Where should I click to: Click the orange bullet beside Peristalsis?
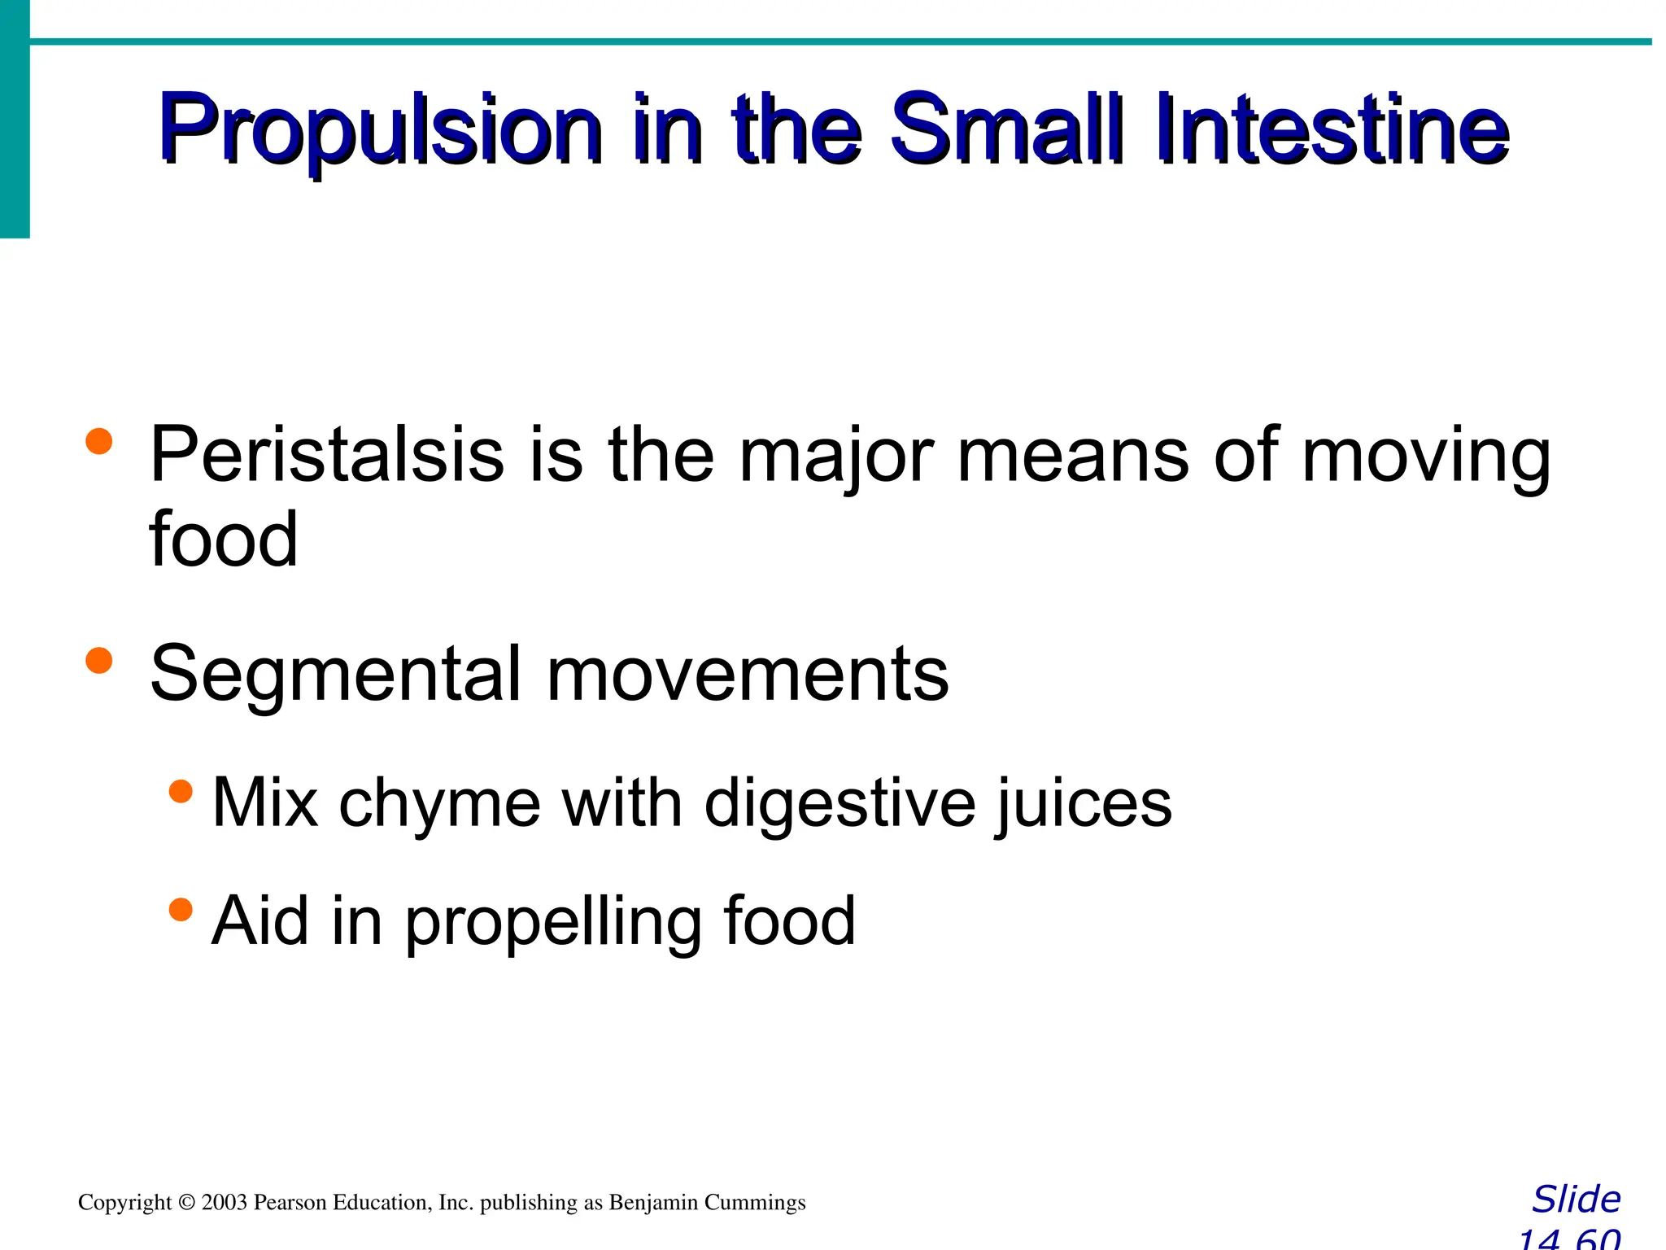pyautogui.click(x=98, y=442)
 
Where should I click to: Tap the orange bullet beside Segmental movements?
pyautogui.click(x=98, y=660)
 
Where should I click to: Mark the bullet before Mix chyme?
pyautogui.click(x=181, y=791)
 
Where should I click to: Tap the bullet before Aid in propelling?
pyautogui.click(x=181, y=909)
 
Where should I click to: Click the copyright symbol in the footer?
pyautogui.click(x=186, y=1203)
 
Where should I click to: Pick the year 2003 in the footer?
pyautogui.click(x=225, y=1203)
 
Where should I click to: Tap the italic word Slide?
pyautogui.click(x=1576, y=1200)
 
